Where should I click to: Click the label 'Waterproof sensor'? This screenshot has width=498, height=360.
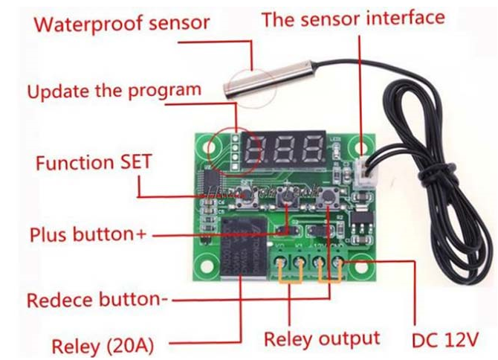point(123,22)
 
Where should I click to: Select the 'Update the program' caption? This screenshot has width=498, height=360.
point(114,91)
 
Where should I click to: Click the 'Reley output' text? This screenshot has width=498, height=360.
point(322,338)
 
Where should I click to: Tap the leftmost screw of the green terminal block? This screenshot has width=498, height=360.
point(281,262)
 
